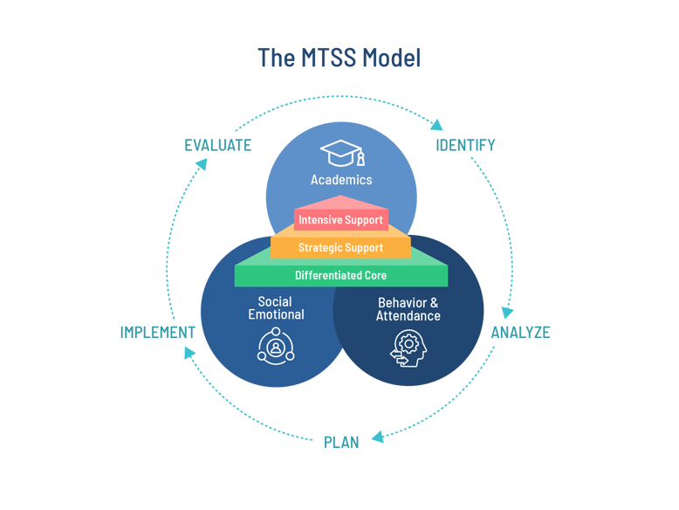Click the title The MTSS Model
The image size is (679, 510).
tap(339, 59)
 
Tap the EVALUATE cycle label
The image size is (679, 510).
tap(218, 145)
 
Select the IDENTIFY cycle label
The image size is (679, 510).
tap(465, 145)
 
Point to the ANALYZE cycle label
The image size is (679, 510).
tap(520, 333)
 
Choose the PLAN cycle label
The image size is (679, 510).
tap(341, 442)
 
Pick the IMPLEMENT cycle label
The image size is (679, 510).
tap(157, 333)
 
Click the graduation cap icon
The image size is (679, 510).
tap(341, 153)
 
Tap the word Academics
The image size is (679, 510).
tap(341, 180)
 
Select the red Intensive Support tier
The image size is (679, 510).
tap(340, 219)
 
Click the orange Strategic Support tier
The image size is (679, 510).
tap(340, 248)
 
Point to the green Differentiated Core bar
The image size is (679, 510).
tap(340, 276)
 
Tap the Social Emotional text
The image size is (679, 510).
tap(276, 308)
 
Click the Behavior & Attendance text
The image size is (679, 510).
tap(408, 309)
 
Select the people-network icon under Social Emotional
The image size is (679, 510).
tap(276, 346)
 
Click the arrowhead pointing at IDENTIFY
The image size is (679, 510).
tap(437, 125)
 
